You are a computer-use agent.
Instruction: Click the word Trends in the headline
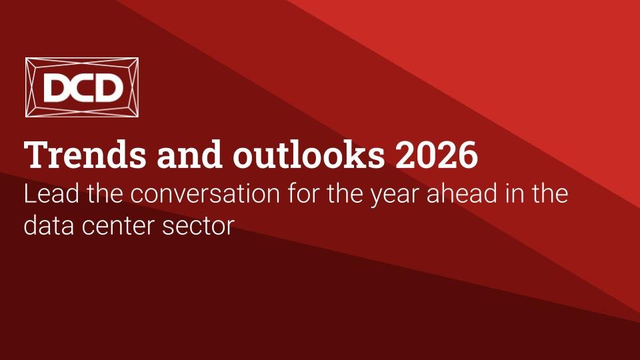click(x=85, y=155)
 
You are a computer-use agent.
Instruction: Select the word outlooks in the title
click(x=309, y=155)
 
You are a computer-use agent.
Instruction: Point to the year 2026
click(x=436, y=155)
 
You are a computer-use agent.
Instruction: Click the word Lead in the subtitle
click(x=51, y=194)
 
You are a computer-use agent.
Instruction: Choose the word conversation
click(x=205, y=194)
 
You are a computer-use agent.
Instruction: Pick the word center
click(x=118, y=227)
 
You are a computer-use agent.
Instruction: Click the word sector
click(x=199, y=227)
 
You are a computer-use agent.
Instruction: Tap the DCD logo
click(x=81, y=87)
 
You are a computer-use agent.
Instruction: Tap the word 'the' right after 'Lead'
click(x=105, y=194)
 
